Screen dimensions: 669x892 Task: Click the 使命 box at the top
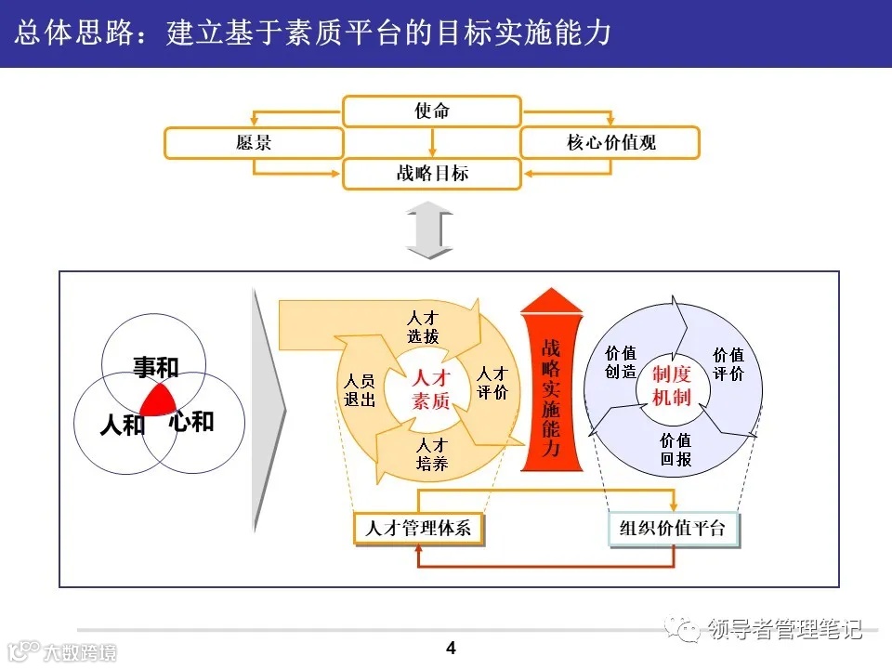click(432, 111)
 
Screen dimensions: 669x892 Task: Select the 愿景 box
click(254, 143)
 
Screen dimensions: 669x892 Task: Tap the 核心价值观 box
click(610, 143)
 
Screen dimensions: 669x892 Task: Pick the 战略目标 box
click(432, 174)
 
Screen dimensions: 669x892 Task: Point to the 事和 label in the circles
click(155, 368)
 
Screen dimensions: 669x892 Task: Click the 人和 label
click(123, 426)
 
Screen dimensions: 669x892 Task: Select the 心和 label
click(191, 422)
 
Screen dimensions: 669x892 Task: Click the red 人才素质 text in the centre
click(430, 389)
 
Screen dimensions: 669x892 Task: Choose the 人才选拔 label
click(423, 327)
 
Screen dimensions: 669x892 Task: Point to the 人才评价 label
click(492, 383)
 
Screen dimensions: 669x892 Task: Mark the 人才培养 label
click(432, 453)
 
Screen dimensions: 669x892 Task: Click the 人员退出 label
click(360, 390)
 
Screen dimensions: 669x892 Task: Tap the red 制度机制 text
click(671, 385)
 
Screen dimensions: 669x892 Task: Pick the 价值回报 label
click(676, 450)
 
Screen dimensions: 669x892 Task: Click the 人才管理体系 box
click(418, 529)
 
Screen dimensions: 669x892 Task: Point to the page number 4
click(452, 648)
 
